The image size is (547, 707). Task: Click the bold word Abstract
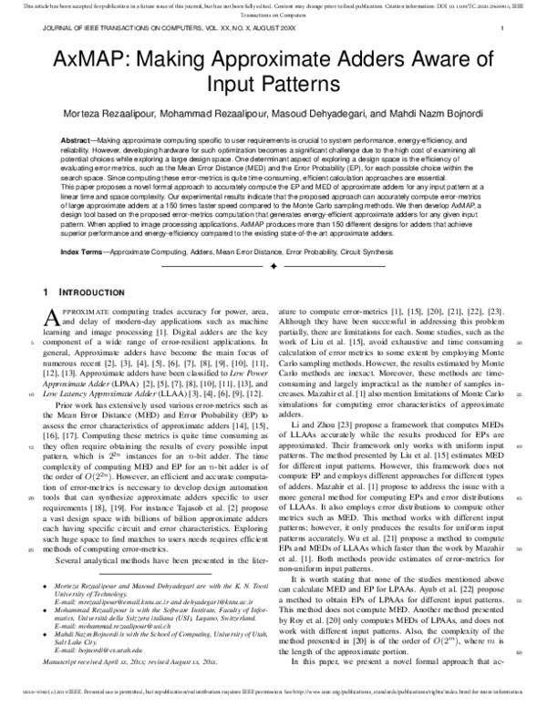pyautogui.click(x=77, y=141)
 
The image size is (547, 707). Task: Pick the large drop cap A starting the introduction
pyautogui.click(x=51, y=316)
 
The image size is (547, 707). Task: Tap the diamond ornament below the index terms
pyautogui.click(x=273, y=266)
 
